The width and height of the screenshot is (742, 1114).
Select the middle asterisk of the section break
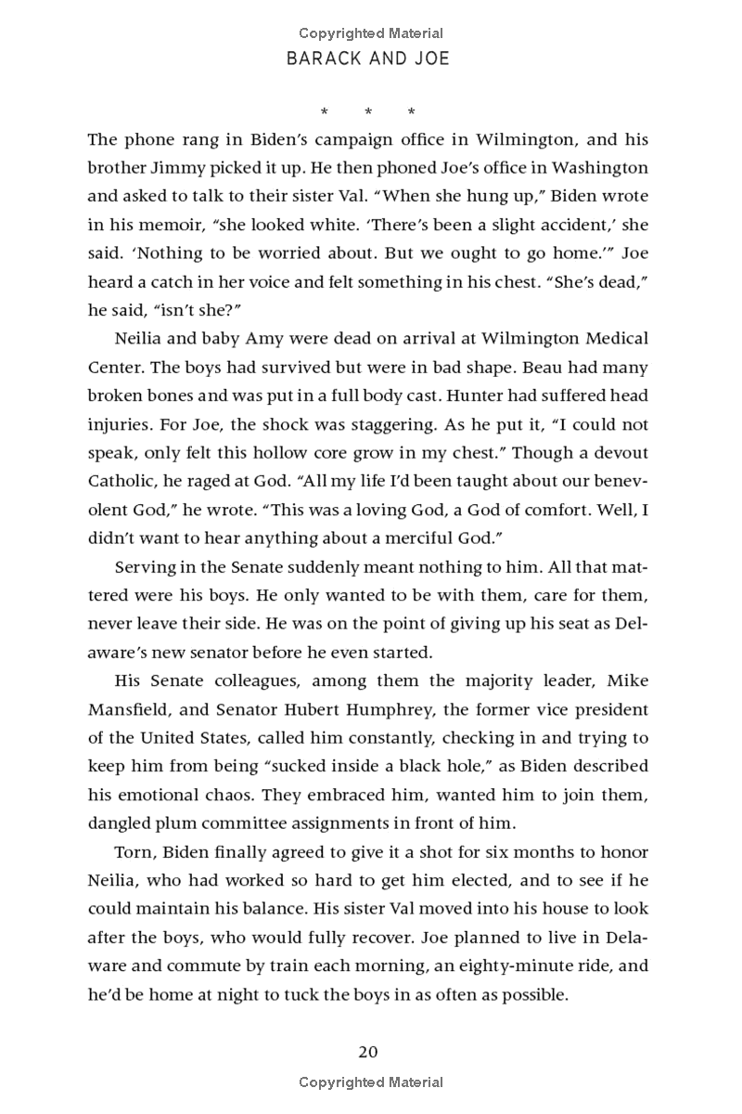(x=368, y=113)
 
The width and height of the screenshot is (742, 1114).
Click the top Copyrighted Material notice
(x=370, y=33)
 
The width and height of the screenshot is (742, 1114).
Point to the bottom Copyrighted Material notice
(x=370, y=1082)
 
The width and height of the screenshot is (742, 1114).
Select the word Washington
(x=595, y=168)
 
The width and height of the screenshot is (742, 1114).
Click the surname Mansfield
(x=129, y=710)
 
